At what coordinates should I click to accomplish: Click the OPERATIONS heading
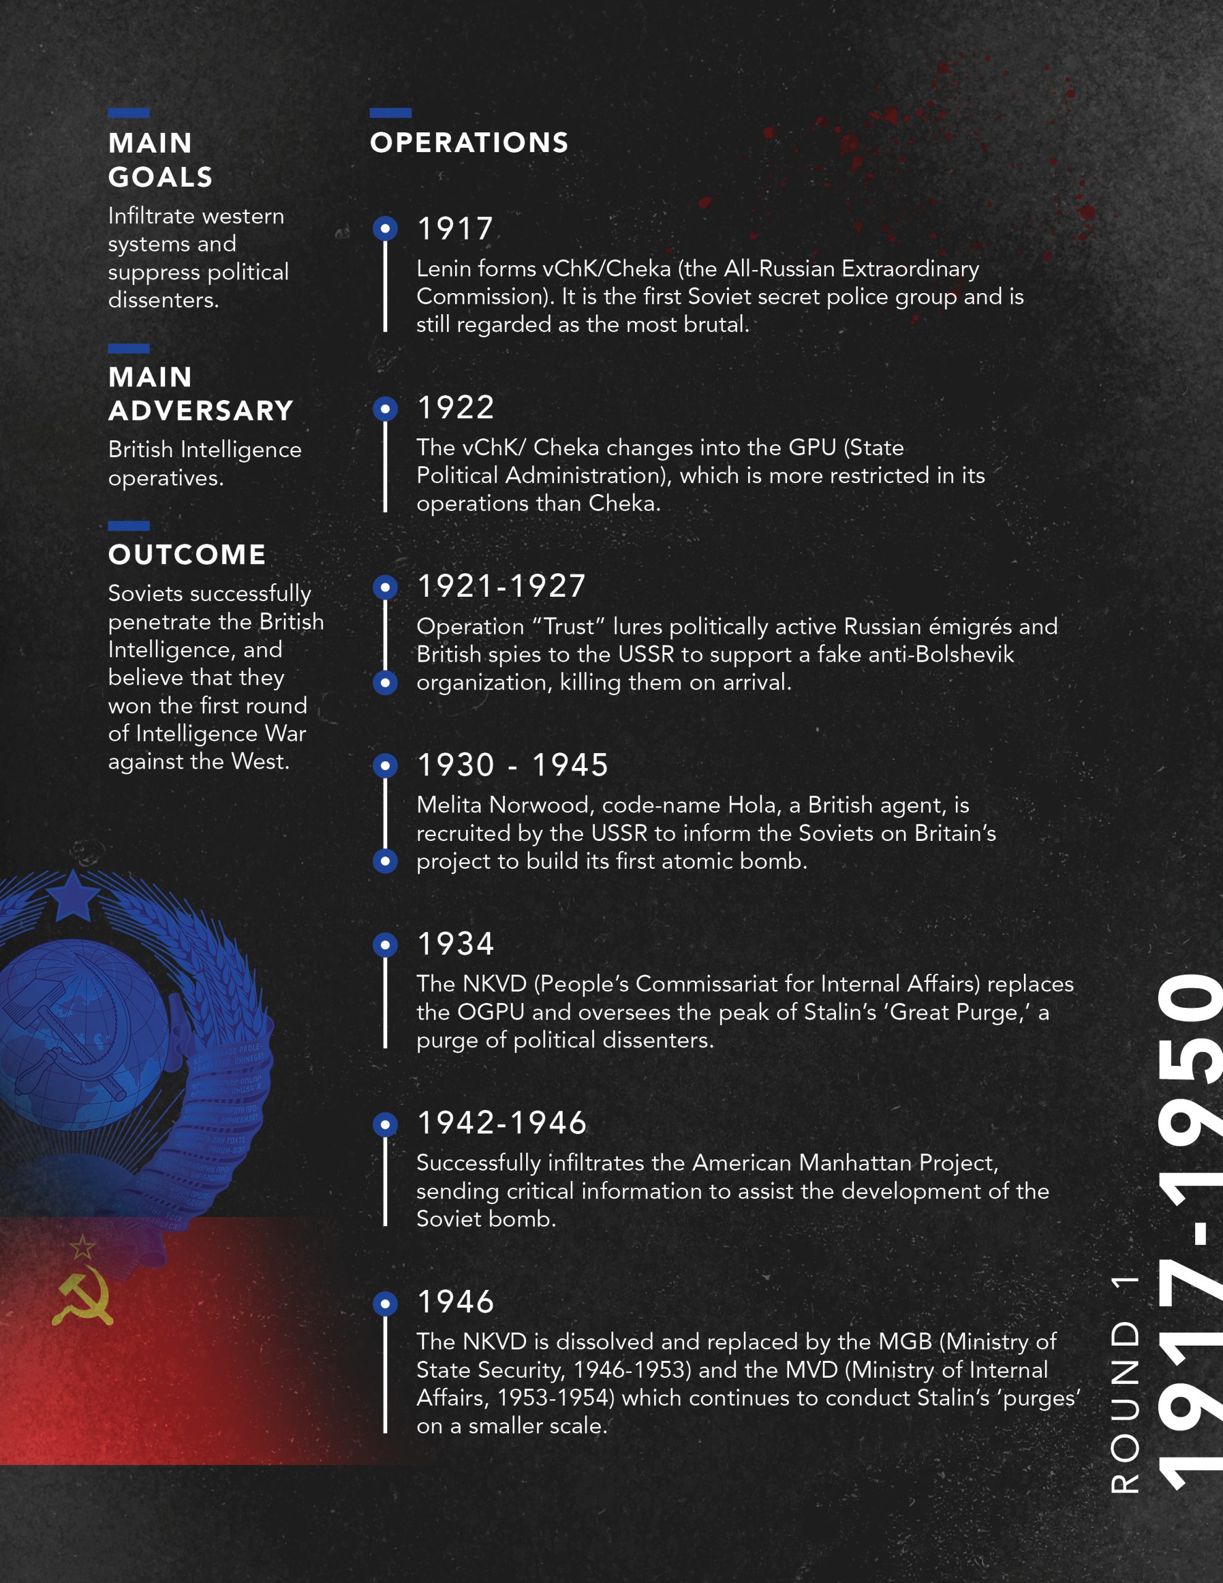(469, 143)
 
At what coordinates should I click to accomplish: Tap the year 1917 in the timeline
(455, 229)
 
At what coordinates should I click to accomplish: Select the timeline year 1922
(455, 407)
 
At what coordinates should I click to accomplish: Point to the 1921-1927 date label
(501, 586)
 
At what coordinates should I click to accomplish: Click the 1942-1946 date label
(501, 1123)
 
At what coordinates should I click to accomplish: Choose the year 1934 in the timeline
(455, 944)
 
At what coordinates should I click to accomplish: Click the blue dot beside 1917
(385, 229)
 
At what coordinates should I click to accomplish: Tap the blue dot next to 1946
(385, 1304)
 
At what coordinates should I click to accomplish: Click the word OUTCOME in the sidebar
(187, 555)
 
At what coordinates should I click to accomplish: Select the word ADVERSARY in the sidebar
(201, 411)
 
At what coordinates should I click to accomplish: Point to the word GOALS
(161, 177)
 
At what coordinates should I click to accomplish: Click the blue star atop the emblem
(73, 896)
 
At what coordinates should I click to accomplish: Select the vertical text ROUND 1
(1125, 1384)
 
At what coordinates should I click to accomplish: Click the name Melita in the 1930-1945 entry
(450, 804)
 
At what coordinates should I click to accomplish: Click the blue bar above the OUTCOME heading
(129, 526)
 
